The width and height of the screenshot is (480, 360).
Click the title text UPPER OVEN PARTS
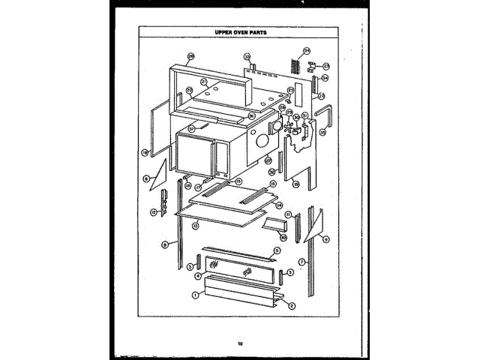coord(239,33)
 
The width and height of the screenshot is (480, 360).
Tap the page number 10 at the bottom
coord(239,343)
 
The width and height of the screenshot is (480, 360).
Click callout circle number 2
coord(291,305)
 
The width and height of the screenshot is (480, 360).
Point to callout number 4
coord(198,275)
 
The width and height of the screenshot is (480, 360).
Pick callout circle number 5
coord(277,250)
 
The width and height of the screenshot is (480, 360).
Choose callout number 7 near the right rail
coord(301,262)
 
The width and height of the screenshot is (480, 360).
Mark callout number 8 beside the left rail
coord(164,244)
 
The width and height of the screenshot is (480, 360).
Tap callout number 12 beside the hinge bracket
coord(153,212)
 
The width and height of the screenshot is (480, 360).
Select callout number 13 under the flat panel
coord(195,225)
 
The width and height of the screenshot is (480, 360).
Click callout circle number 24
coord(306,51)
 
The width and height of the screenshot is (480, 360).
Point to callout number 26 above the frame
coord(190,56)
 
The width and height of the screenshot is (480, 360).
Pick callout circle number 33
coord(246,57)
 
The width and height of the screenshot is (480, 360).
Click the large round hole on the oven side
coord(262,140)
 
